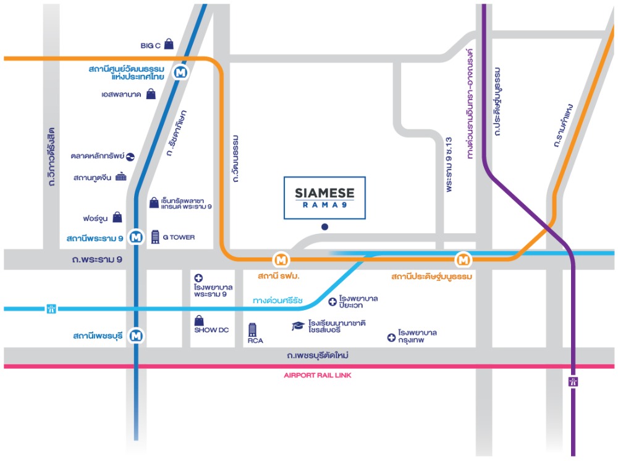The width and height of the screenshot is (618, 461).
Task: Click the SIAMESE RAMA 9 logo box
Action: tap(325, 198)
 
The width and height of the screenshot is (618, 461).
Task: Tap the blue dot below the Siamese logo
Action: tap(325, 227)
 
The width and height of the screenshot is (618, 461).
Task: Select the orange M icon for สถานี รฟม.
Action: tap(281, 260)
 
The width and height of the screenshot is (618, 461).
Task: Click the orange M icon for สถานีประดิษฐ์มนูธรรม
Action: tap(463, 260)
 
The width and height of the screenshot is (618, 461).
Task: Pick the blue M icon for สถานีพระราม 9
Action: tap(137, 237)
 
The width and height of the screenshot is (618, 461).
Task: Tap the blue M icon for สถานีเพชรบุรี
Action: tap(137, 335)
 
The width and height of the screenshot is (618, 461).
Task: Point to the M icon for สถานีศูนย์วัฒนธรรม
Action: tap(181, 72)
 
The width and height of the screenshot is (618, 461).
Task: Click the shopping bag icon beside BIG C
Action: tap(169, 44)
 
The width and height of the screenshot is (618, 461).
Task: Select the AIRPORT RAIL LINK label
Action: tap(317, 376)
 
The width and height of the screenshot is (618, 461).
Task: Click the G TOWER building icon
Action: tap(155, 237)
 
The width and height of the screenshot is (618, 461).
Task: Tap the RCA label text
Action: tap(255, 340)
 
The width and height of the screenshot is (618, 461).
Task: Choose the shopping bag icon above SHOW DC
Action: tap(199, 320)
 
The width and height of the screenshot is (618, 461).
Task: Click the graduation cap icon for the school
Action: tap(298, 325)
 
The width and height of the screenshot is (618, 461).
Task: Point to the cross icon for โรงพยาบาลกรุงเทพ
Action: tap(391, 337)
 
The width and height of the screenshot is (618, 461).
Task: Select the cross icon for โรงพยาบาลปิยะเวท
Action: tap(332, 302)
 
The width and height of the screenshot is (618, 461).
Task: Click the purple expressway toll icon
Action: tap(573, 382)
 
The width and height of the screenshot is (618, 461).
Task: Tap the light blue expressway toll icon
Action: tap(51, 309)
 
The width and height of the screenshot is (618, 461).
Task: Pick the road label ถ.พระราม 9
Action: tap(98, 259)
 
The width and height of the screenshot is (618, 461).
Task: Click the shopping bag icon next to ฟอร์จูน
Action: tap(117, 217)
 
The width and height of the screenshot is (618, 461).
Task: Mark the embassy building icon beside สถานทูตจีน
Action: tap(121, 176)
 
